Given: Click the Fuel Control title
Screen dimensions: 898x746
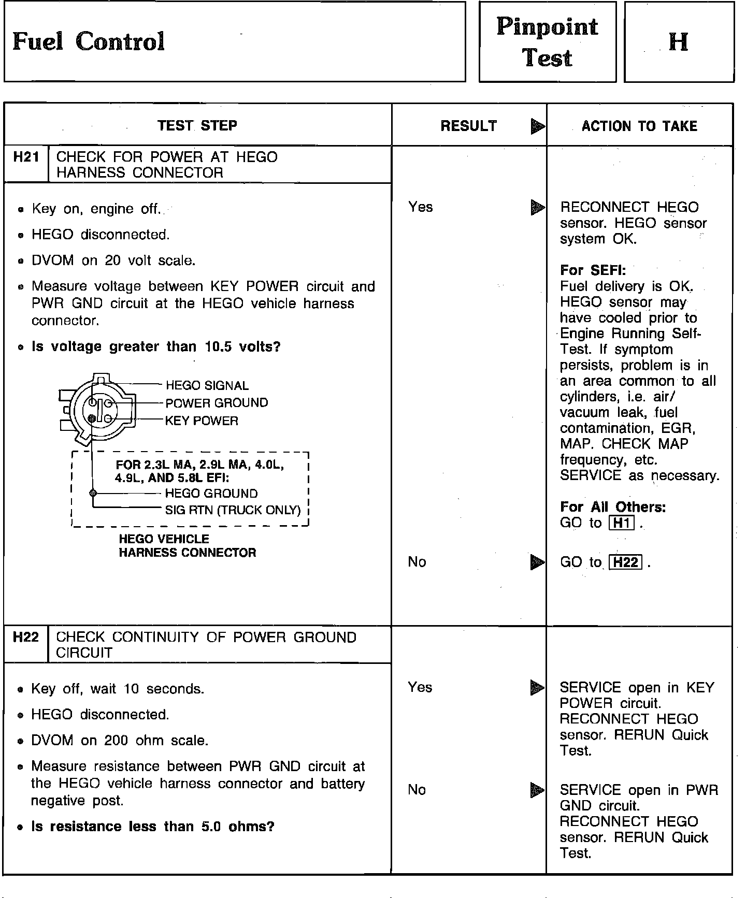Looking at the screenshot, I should [89, 41].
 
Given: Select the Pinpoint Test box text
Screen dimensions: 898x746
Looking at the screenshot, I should [547, 42].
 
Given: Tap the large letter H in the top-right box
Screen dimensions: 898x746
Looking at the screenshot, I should [679, 41].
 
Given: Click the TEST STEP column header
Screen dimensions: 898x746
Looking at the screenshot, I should [197, 125].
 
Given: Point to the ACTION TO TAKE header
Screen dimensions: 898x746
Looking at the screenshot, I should [639, 126].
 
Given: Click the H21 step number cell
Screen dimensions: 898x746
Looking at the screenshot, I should [26, 157].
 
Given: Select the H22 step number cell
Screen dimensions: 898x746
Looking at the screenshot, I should [26, 637].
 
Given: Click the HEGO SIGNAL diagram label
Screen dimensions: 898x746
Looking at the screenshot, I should [207, 385].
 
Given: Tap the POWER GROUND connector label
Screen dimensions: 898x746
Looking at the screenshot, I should [217, 403].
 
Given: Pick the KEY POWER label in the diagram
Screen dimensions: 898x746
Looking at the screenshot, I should [202, 421].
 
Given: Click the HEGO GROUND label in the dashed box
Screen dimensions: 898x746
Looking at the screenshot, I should [211, 494].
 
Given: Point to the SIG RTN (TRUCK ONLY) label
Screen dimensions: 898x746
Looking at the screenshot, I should [233, 510].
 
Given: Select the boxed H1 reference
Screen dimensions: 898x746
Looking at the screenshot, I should [621, 523].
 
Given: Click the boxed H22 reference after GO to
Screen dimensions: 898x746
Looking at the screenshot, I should [626, 562].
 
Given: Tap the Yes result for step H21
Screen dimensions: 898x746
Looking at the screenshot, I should [420, 207].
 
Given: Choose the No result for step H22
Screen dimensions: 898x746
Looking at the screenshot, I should [417, 790].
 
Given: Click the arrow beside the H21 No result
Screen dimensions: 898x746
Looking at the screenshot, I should [538, 562].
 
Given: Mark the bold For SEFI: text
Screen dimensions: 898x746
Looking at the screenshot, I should [593, 270].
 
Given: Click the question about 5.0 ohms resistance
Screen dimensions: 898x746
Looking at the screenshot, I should [153, 827].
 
